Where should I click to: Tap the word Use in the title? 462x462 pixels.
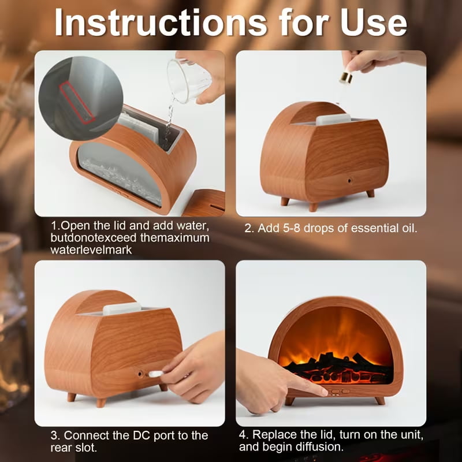tap(374, 23)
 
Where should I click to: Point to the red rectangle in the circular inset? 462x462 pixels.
tap(77, 102)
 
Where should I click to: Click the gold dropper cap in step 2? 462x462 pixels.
tap(346, 78)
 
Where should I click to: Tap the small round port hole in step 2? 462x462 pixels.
tap(350, 180)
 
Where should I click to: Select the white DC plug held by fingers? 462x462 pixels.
tap(156, 374)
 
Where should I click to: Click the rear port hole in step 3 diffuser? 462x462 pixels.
tap(140, 374)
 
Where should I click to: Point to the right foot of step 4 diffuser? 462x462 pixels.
tap(380, 400)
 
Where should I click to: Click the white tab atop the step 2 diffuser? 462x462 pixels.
tap(333, 119)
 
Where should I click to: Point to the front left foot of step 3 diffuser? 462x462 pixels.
tap(100, 402)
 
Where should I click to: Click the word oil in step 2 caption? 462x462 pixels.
tap(409, 228)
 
